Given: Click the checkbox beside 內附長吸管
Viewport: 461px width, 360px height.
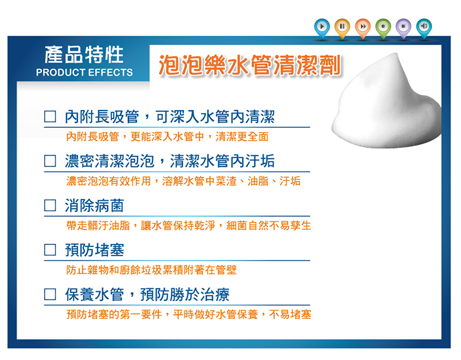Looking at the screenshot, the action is [50, 116].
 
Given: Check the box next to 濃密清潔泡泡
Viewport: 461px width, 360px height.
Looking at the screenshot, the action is [50, 161].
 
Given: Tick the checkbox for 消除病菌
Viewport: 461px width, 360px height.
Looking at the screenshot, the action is [50, 205].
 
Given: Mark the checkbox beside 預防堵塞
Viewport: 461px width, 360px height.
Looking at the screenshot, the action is [50, 250].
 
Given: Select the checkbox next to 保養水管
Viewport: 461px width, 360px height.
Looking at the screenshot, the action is [50, 294].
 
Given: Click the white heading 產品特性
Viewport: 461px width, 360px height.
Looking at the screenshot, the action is [84, 55].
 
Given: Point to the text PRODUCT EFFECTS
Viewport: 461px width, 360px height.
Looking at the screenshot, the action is [84, 72].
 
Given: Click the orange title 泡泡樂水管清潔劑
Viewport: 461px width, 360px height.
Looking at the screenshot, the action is [250, 65].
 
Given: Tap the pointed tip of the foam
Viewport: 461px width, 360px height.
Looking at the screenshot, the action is [396, 53].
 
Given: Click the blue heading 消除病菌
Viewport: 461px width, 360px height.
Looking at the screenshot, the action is [95, 205].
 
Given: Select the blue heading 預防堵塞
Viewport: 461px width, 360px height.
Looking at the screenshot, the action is [95, 250].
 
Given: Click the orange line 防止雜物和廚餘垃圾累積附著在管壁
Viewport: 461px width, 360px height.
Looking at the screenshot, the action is [151, 270].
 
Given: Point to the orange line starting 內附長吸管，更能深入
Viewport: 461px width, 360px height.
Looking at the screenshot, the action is [167, 136].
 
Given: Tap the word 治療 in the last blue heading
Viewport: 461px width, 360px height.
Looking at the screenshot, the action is [215, 294].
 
